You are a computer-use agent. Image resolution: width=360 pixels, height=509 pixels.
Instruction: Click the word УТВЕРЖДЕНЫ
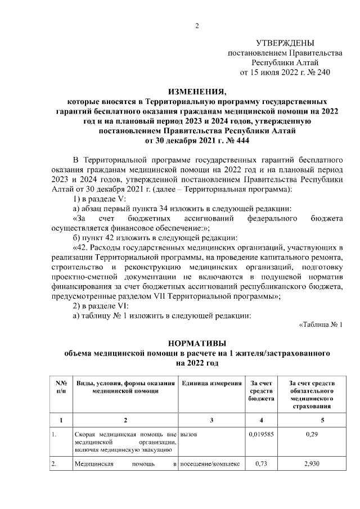coord(285,43)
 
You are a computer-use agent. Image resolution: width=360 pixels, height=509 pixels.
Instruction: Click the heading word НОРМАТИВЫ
coord(196,344)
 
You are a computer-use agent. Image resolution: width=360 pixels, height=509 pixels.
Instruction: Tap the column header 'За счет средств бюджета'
coord(261,390)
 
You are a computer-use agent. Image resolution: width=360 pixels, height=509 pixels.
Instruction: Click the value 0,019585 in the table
coord(261,435)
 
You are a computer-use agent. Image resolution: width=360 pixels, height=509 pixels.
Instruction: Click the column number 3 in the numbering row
coord(211,420)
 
